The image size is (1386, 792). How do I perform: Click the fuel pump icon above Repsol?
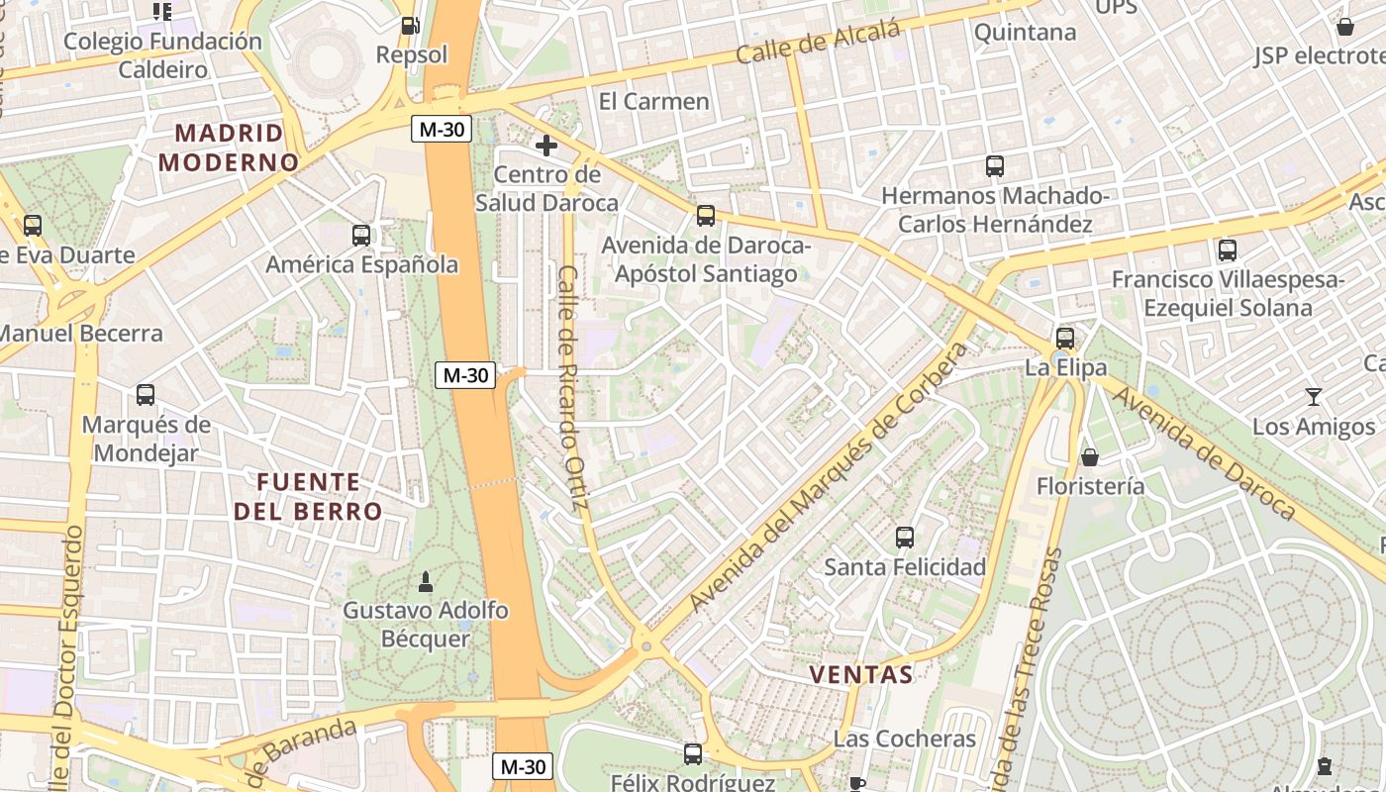pyautogui.click(x=409, y=26)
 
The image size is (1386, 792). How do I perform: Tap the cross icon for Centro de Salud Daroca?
pyautogui.click(x=545, y=147)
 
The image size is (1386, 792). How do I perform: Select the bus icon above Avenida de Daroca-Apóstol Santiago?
pyautogui.click(x=706, y=215)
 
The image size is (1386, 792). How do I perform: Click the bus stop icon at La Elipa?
pyautogui.click(x=1065, y=339)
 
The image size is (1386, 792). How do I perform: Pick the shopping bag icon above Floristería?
pyautogui.click(x=1090, y=456)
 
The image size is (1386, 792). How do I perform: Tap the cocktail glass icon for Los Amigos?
pyautogui.click(x=1313, y=397)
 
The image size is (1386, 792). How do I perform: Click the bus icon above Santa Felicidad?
pyautogui.click(x=905, y=538)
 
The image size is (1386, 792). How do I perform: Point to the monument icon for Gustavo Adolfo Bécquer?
pyautogui.click(x=426, y=580)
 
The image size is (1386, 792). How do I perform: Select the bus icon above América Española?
pyautogui.click(x=361, y=236)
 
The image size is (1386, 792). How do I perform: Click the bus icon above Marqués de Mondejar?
pyautogui.click(x=146, y=395)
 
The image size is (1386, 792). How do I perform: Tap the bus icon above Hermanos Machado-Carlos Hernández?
pyautogui.click(x=995, y=166)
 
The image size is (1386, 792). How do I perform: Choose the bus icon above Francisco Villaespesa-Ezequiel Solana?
pyautogui.click(x=1228, y=250)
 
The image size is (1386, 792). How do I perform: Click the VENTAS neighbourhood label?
pyautogui.click(x=861, y=675)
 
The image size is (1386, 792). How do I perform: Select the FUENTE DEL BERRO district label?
pyautogui.click(x=308, y=496)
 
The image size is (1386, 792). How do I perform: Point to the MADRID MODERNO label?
pyautogui.click(x=229, y=148)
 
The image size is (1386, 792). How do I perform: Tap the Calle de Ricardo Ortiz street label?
pyautogui.click(x=572, y=388)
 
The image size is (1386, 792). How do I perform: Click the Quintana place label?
pyautogui.click(x=1025, y=33)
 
